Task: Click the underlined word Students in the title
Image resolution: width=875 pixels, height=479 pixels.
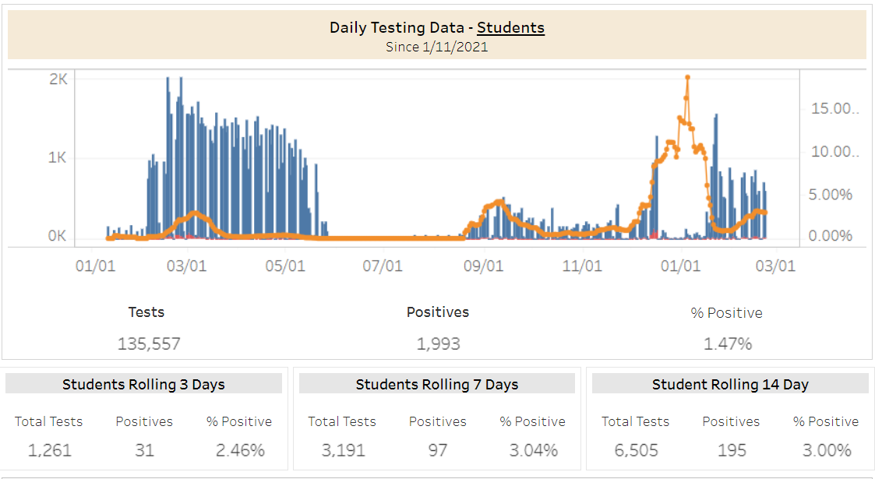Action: coord(510,28)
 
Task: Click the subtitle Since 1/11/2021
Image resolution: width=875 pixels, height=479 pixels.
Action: coord(437,47)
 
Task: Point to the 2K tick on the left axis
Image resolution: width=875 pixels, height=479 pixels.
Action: coord(58,79)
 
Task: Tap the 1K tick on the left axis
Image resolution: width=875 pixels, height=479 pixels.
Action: coord(58,158)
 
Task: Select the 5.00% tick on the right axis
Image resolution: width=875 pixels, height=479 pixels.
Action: coord(831,195)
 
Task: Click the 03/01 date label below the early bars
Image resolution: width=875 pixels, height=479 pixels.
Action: coord(187,266)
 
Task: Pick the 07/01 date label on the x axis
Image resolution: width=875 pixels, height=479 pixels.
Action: coord(383,266)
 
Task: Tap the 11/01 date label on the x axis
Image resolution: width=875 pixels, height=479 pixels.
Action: coord(582,266)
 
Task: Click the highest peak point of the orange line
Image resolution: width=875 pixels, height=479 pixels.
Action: coord(687,77)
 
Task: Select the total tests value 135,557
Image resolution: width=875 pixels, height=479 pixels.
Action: coord(149,343)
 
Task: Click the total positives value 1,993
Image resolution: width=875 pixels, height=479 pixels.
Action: coord(439,343)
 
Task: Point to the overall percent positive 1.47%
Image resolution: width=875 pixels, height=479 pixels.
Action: coord(728,343)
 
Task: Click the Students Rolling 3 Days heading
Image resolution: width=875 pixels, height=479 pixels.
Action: coord(143,384)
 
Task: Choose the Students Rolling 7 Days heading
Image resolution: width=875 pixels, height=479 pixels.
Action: coord(437,384)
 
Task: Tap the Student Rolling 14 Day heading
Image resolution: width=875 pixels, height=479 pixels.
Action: coord(730,384)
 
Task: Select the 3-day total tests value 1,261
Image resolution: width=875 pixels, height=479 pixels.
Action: coord(49,450)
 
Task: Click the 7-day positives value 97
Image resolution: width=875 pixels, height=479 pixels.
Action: coord(438,450)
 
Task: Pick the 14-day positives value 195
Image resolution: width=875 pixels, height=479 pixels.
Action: coord(732,450)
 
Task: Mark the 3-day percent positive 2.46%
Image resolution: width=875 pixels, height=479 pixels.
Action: coord(240,450)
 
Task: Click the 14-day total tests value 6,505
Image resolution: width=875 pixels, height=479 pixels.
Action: coord(636,450)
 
